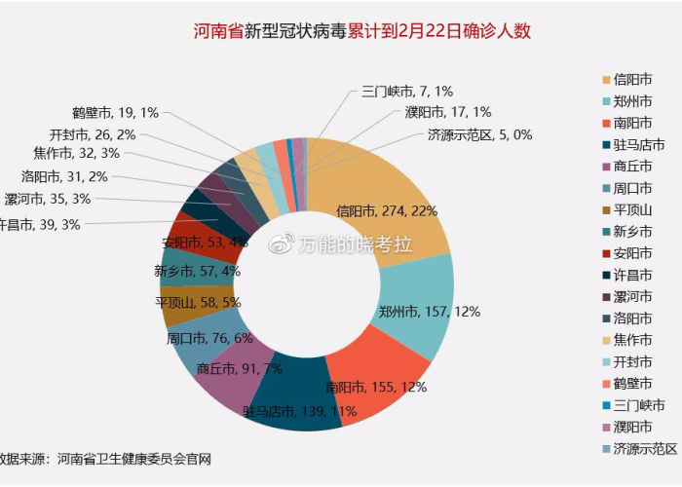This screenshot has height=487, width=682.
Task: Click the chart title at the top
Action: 361,30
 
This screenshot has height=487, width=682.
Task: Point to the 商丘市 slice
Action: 229,375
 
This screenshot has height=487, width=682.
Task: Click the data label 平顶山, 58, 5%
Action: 198,303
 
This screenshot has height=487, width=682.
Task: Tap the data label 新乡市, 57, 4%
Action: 197,271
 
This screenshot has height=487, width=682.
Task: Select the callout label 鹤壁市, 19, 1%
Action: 115,113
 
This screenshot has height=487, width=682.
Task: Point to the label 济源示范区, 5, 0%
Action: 479,134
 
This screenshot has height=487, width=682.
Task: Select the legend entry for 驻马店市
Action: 639,145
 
